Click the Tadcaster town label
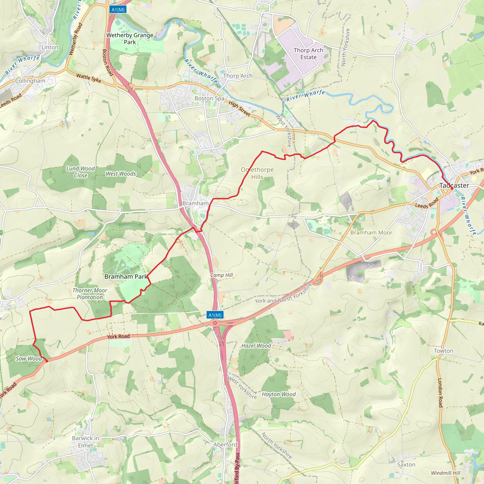(454, 185)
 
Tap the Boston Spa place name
(209, 99)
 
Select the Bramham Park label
(126, 277)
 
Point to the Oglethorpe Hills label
(257, 173)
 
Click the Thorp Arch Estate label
(308, 54)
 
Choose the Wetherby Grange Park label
(130, 39)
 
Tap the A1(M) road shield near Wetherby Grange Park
(118, 10)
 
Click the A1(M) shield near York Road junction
(215, 315)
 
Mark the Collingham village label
(30, 81)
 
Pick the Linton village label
(50, 47)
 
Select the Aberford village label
(225, 445)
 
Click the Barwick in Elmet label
(85, 442)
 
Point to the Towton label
(444, 351)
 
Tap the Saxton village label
(406, 464)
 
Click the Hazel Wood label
(256, 346)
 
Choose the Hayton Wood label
(279, 394)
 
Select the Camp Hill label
(222, 275)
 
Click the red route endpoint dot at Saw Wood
(47, 361)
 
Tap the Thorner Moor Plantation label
(90, 294)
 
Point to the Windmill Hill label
(445, 473)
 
